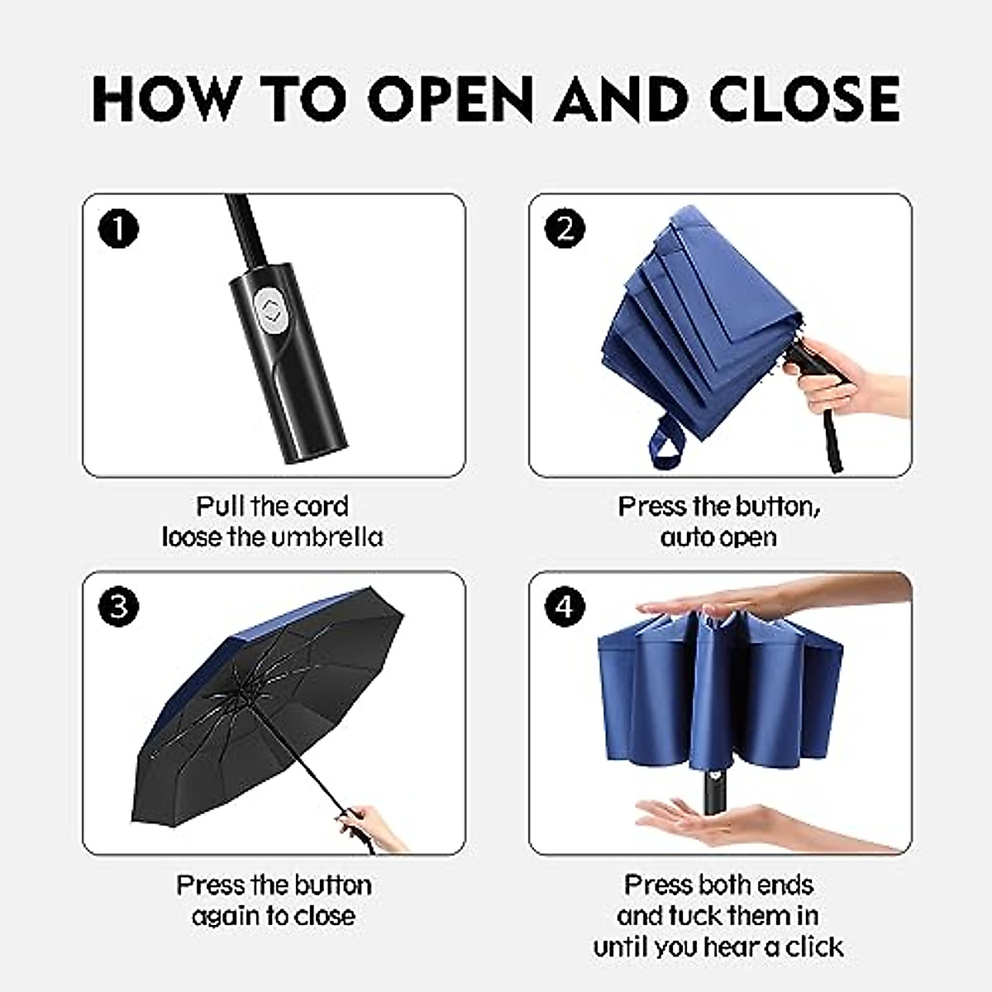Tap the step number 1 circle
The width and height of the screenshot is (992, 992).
pos(118,229)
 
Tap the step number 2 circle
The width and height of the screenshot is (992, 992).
pos(565,229)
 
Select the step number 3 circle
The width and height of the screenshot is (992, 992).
pos(118,608)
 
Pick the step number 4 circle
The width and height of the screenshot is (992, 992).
pos(565,608)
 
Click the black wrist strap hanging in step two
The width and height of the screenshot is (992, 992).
pos(831,438)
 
